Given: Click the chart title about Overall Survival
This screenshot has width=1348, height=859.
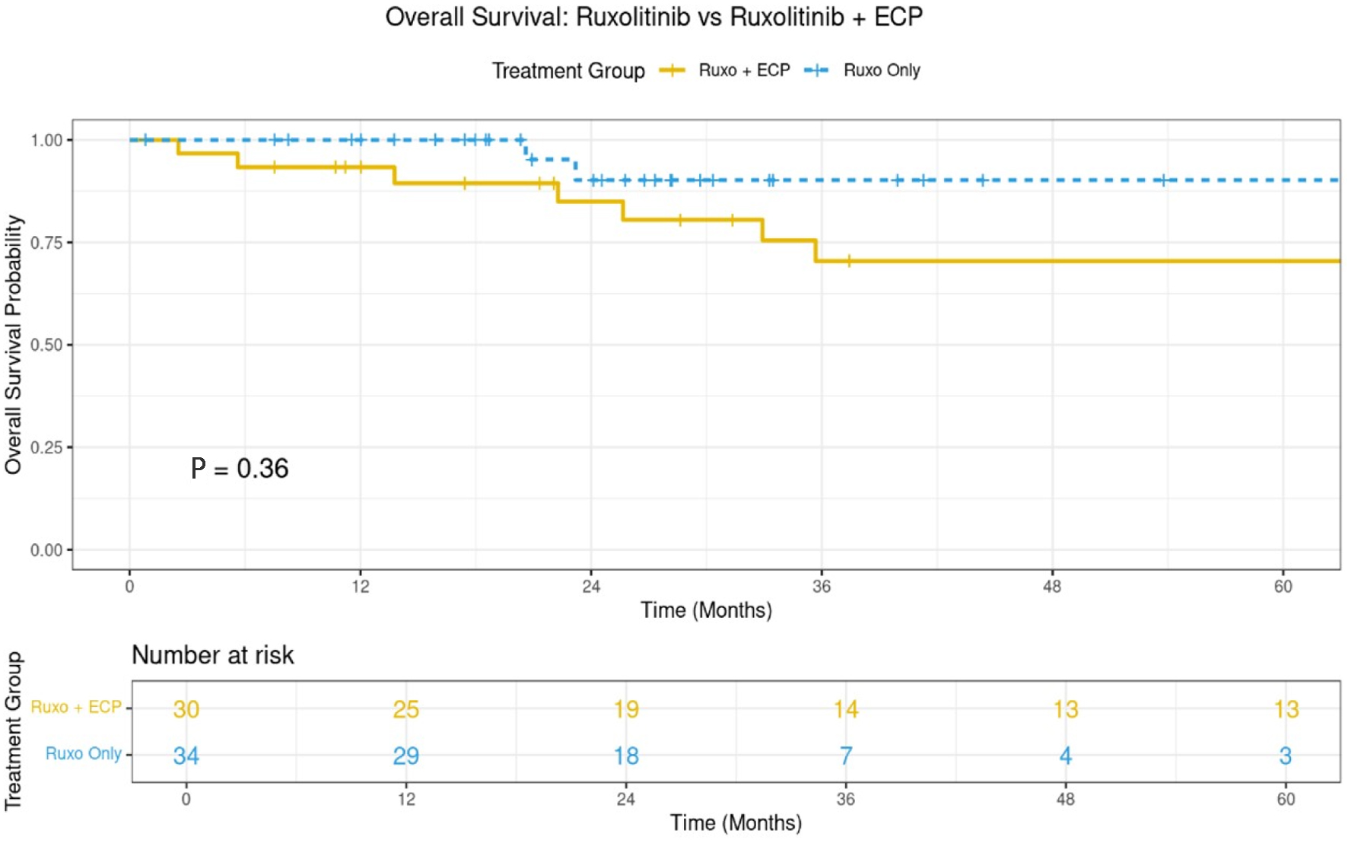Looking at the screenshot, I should (653, 17).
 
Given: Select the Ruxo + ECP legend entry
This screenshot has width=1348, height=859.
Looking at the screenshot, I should (743, 71).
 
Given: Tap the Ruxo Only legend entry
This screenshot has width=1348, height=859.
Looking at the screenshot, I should (881, 71).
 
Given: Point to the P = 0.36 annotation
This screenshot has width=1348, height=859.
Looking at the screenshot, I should (240, 469).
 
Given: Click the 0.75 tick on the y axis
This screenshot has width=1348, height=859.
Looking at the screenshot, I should (46, 243).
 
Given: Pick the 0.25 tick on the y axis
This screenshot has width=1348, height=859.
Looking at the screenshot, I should (46, 447).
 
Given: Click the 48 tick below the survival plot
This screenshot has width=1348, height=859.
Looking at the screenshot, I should (1052, 587).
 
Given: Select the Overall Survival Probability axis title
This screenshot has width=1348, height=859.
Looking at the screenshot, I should (14, 345).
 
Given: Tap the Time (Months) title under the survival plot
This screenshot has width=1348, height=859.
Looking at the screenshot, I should (706, 610).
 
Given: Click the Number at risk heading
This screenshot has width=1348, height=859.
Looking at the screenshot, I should (212, 655).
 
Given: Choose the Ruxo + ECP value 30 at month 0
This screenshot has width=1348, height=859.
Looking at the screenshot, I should (186, 709).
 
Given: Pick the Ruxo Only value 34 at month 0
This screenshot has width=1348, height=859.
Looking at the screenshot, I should (186, 756).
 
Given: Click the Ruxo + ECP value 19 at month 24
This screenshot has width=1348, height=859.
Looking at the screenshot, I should (626, 709).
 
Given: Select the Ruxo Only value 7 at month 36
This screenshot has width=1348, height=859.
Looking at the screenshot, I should (846, 756).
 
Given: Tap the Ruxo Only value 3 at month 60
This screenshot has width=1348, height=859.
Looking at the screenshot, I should (1286, 756).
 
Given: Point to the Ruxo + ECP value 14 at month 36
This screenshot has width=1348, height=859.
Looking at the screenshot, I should (846, 709).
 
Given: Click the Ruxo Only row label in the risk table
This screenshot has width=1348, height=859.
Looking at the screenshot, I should (83, 754).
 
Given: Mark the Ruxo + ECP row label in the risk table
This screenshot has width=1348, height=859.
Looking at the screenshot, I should (76, 708).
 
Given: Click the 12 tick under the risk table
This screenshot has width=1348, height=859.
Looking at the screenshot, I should (406, 800).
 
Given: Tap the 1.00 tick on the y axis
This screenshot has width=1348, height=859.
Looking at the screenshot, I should (46, 141).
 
